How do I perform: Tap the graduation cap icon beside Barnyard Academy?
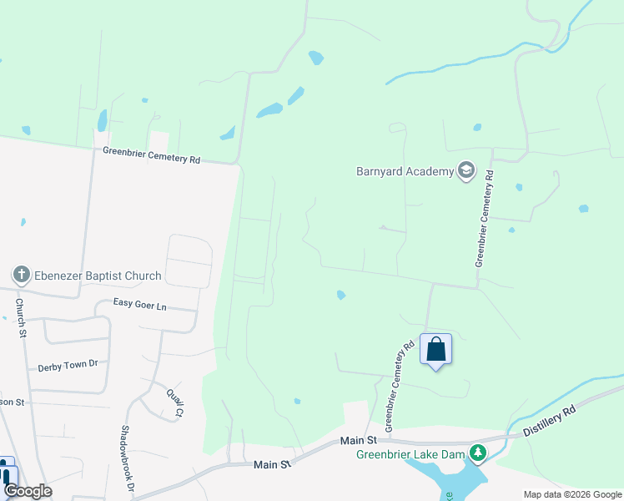[466, 171]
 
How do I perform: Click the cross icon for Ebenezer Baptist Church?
[22, 275]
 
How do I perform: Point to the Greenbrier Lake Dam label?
[410, 454]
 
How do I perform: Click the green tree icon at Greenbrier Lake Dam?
[477, 453]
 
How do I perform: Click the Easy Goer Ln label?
[139, 306]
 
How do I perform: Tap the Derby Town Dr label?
[68, 365]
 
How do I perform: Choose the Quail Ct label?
[174, 403]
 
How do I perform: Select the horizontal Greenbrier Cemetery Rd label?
[152, 155]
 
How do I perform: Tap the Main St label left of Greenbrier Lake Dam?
[359, 440]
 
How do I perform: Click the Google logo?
[28, 491]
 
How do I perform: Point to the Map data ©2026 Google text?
[571, 494]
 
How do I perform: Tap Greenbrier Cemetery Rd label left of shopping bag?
[400, 381]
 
